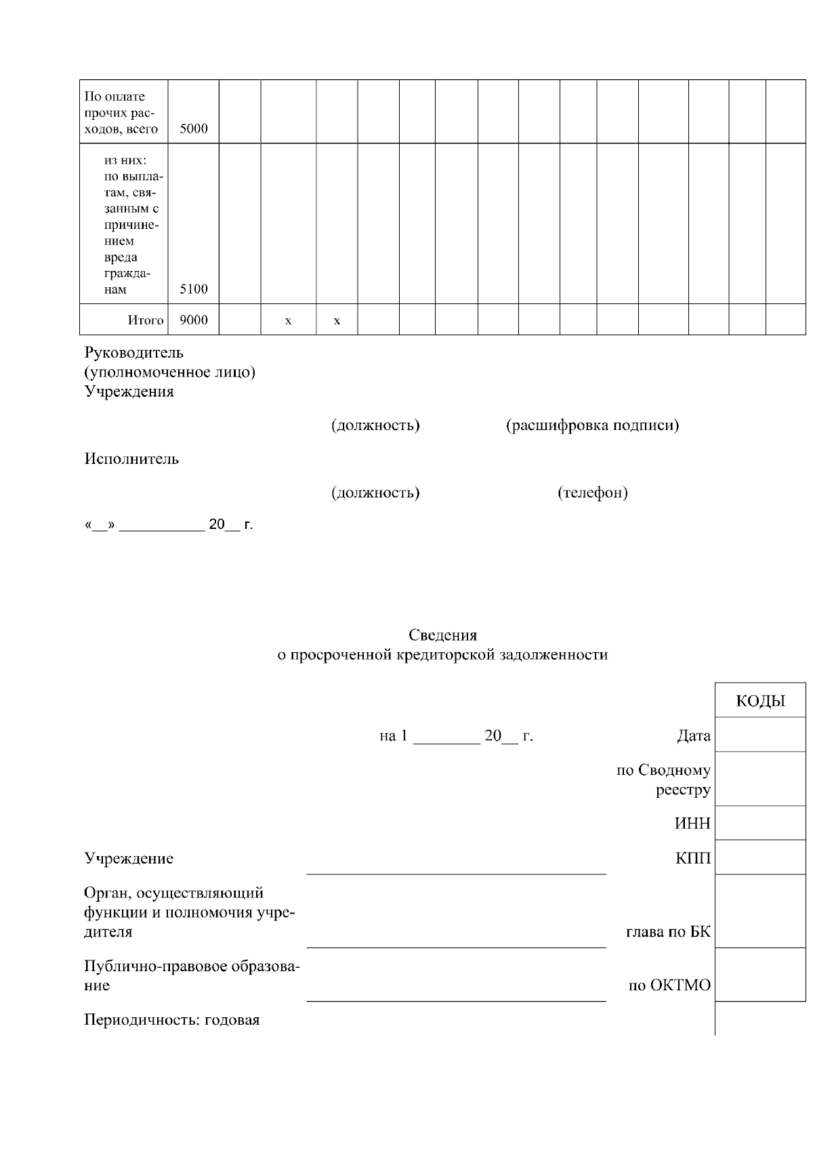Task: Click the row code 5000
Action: (194, 129)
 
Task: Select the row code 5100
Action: (194, 289)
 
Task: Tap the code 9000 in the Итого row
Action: (194, 320)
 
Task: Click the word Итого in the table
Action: (146, 320)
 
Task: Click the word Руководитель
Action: (133, 352)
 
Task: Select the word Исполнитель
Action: (131, 459)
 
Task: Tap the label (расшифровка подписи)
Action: (593, 425)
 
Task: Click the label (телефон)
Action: (593, 492)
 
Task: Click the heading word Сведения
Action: (442, 635)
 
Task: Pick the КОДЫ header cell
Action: (760, 701)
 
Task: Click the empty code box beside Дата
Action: (760, 735)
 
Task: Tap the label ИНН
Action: (692, 824)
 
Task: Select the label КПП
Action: (693, 859)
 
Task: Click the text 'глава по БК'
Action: (668, 932)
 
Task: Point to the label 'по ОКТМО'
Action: (669, 985)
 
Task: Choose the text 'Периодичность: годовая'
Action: (172, 1020)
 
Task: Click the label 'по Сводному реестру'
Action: (664, 780)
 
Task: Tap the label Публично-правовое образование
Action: (192, 975)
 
